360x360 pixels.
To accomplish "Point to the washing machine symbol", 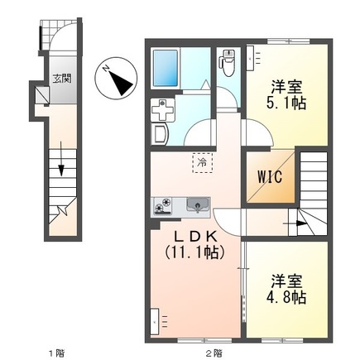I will coord(162,111).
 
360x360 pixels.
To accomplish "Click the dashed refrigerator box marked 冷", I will coord(201,164).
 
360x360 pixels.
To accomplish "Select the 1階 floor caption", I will coord(55,353).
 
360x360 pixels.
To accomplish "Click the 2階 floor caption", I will coord(214,353).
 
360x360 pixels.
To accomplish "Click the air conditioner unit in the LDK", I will coord(156,318).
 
